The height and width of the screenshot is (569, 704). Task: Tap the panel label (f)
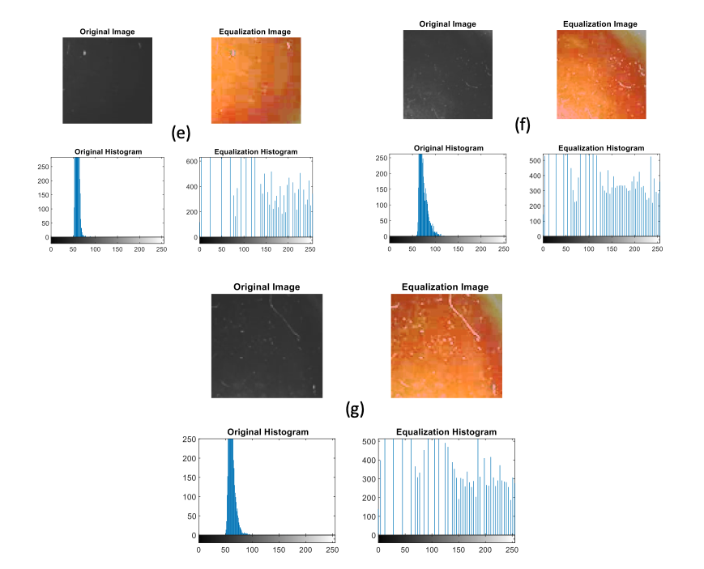click(x=523, y=125)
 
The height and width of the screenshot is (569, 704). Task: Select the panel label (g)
click(x=354, y=409)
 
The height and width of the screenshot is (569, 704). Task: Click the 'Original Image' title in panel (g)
click(x=267, y=287)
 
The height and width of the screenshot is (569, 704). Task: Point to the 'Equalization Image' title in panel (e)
click(x=254, y=32)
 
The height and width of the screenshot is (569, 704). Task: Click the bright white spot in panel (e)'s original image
click(x=83, y=53)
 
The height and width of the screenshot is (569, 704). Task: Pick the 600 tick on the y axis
click(x=190, y=161)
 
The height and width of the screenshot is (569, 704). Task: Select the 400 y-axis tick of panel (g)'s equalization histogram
click(x=369, y=461)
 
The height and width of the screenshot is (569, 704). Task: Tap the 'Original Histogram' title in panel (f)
click(x=448, y=148)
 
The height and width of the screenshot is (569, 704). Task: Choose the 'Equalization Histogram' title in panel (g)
click(x=446, y=432)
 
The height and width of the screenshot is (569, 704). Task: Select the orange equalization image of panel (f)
click(x=601, y=74)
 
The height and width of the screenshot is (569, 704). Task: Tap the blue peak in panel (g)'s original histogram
click(x=231, y=486)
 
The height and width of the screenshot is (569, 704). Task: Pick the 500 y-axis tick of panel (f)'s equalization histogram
click(x=533, y=161)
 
